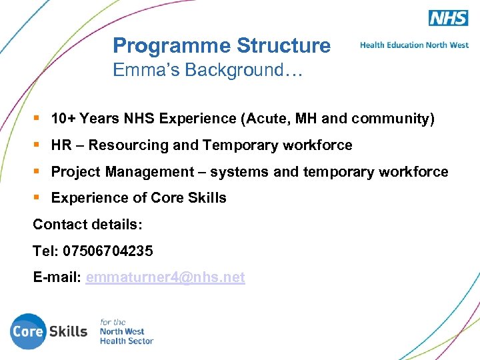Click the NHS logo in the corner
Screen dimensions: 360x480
[448, 17]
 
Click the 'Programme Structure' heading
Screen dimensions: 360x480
[221, 45]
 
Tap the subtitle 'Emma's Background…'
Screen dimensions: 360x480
[207, 70]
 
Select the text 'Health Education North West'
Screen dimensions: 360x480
[414, 45]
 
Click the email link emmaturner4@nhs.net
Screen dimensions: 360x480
[165, 277]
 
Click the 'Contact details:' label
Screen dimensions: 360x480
[87, 225]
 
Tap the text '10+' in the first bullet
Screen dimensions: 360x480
[63, 119]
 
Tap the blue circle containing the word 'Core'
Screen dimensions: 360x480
[28, 331]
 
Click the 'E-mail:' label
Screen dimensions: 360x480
[57, 277]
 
